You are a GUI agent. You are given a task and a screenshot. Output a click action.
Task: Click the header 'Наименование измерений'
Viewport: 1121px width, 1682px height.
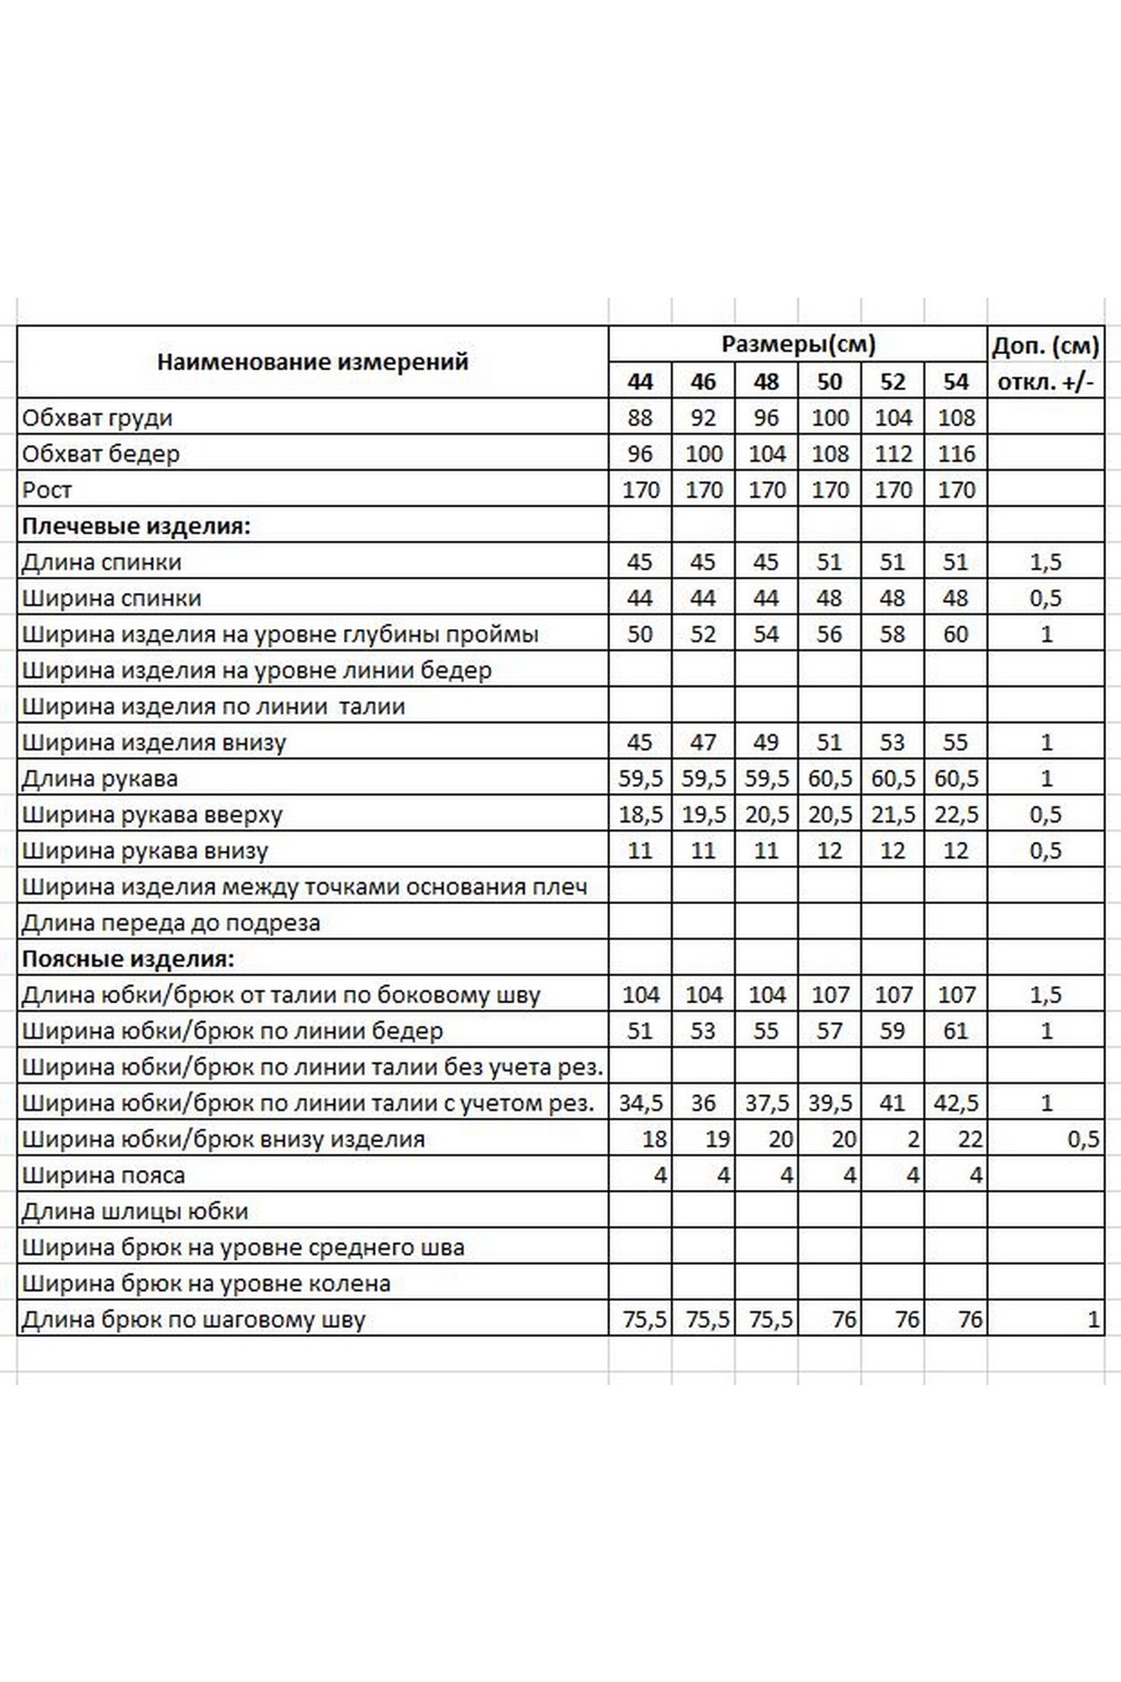click(x=312, y=362)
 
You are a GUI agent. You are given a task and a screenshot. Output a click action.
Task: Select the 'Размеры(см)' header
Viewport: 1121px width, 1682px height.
click(x=798, y=344)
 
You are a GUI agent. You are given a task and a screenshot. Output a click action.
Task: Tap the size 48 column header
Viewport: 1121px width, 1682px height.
click(x=766, y=382)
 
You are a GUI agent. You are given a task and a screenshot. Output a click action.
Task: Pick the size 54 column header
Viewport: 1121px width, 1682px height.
click(x=955, y=382)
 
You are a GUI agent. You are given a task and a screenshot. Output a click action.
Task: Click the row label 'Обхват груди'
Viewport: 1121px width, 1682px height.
click(x=98, y=418)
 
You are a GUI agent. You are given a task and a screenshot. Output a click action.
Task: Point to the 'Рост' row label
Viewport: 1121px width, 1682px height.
click(x=47, y=489)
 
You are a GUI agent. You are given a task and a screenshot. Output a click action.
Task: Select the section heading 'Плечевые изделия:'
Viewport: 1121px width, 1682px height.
click(x=136, y=526)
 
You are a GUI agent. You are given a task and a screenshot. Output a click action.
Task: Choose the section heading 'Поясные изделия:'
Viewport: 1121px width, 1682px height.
click(x=128, y=959)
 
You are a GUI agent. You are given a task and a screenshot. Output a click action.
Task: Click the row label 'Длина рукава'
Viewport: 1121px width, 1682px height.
click(x=100, y=779)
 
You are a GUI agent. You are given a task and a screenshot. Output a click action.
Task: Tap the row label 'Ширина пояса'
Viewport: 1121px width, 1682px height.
click(x=103, y=1175)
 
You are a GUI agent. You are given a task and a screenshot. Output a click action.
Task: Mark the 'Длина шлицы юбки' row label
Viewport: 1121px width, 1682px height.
click(x=135, y=1211)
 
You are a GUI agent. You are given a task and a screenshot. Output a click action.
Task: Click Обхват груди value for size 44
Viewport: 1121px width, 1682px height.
click(x=640, y=418)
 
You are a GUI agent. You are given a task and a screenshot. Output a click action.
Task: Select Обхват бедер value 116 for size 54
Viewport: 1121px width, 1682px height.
click(x=955, y=454)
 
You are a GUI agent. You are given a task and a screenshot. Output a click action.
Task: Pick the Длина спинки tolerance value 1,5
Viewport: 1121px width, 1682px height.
click(x=1045, y=562)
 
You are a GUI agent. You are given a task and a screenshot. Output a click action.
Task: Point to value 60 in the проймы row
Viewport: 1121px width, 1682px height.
click(x=955, y=634)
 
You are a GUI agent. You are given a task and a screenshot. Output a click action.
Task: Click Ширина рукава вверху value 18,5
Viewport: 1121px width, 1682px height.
click(x=640, y=814)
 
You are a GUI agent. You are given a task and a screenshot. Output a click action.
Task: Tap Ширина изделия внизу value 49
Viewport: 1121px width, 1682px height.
click(x=766, y=743)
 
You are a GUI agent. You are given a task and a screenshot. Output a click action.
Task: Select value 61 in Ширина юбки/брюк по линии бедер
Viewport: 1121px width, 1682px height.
click(x=955, y=1031)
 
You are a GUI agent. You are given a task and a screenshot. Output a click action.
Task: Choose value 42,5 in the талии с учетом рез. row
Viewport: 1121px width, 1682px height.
click(x=955, y=1103)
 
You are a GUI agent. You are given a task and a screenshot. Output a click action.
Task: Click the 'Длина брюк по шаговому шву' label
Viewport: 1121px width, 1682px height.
click(x=193, y=1320)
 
